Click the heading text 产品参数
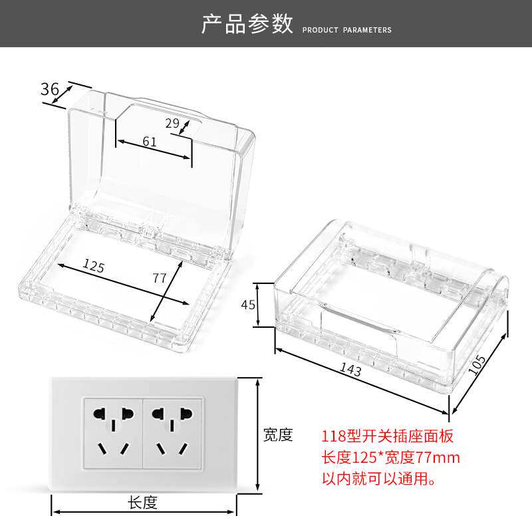coord(247,24)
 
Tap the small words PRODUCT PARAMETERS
coord(346,30)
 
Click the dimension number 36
coord(50,89)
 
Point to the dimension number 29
coord(173,123)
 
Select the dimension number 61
coord(150,141)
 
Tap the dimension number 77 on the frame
coord(160,278)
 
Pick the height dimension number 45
coord(248,305)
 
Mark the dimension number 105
coord(477,365)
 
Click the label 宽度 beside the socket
coord(278,435)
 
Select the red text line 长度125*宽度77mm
coord(391,458)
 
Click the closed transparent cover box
coord(392,306)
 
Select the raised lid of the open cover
coord(160,160)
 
